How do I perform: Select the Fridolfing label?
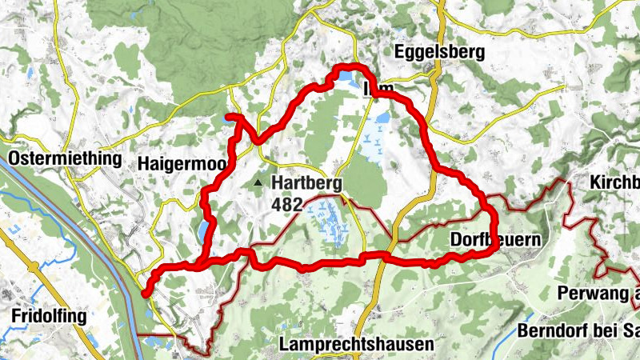pyautogui.click(x=49, y=316)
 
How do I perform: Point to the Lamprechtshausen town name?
pyautogui.click(x=357, y=344)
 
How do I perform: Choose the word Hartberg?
pyautogui.click(x=306, y=182)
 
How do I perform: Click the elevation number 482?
pyautogui.click(x=286, y=205)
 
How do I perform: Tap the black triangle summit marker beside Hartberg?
pyautogui.click(x=258, y=184)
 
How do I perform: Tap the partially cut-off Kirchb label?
pyautogui.click(x=614, y=182)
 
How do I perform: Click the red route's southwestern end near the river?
pyautogui.click(x=145, y=294)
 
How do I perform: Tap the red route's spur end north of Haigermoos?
pyautogui.click(x=229, y=118)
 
